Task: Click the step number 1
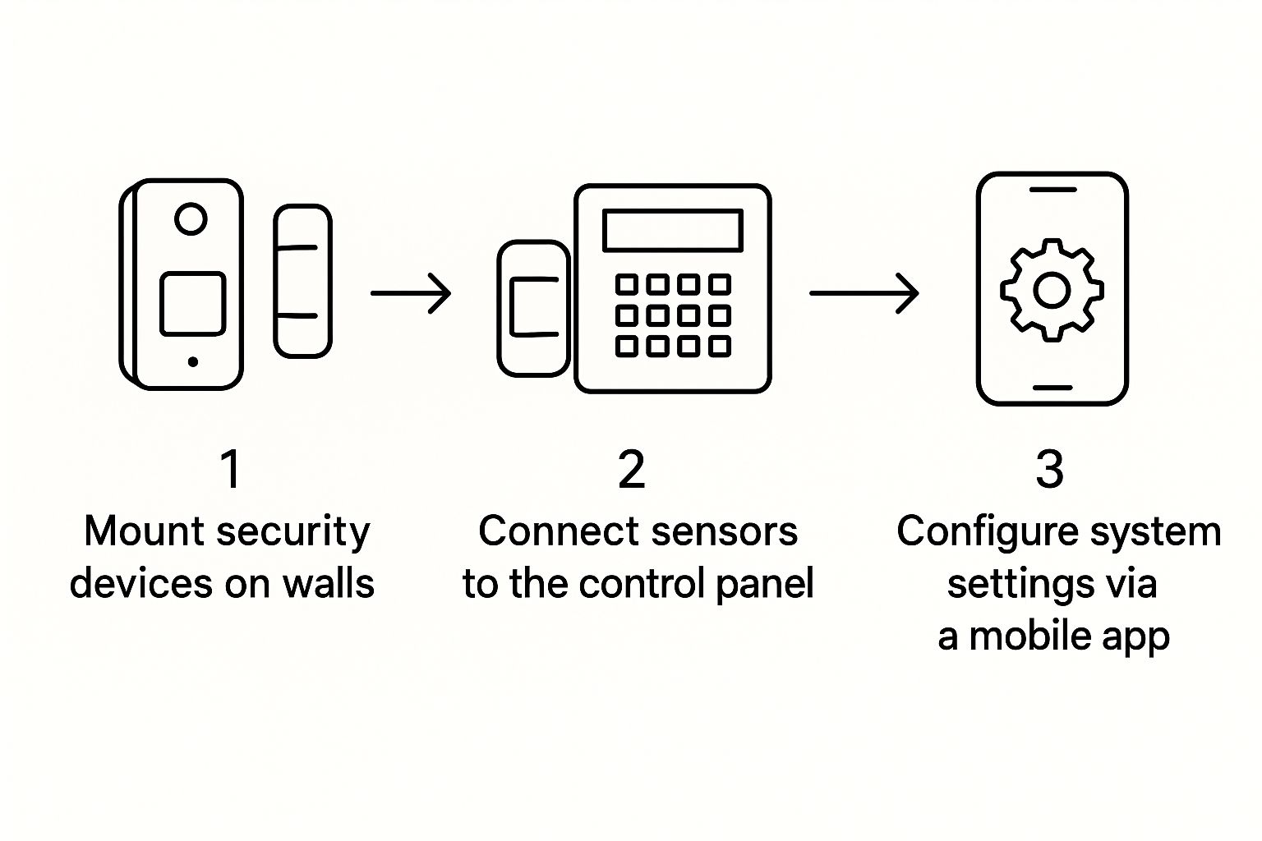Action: pos(231,470)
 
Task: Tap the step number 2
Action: pos(632,470)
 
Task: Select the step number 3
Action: pos(1050,470)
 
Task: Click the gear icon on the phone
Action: pos(1052,290)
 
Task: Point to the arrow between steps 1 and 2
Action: pos(411,293)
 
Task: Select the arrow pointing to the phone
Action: pos(864,293)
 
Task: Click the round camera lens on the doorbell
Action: pos(191,219)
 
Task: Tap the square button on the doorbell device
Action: pos(192,304)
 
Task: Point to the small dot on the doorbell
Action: pos(192,361)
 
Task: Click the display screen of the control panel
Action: pos(673,230)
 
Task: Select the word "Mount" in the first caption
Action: pos(135,531)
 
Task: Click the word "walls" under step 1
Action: pos(329,584)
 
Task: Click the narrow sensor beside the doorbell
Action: pos(302,281)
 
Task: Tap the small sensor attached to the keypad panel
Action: pos(533,308)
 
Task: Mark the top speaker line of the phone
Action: pos(1052,190)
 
